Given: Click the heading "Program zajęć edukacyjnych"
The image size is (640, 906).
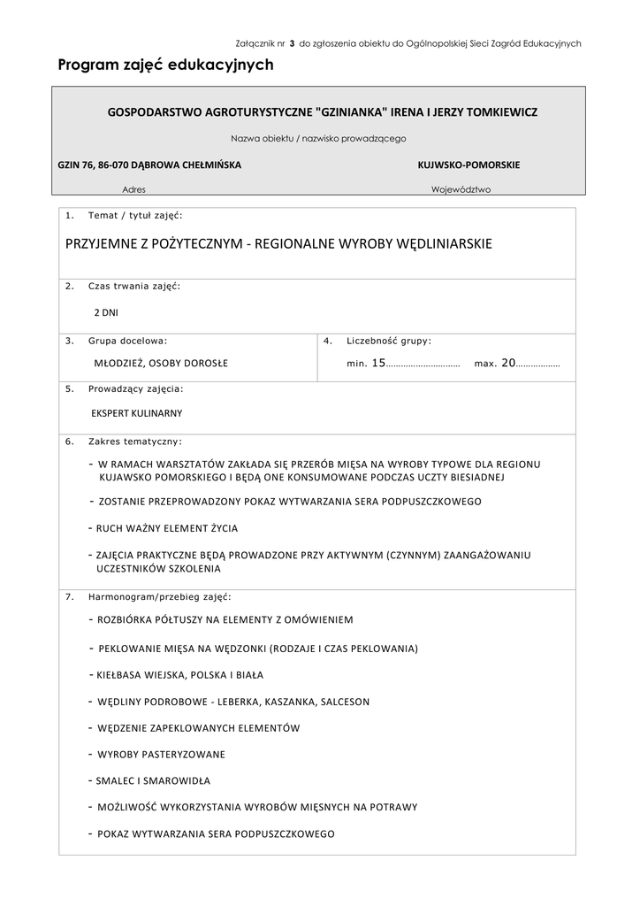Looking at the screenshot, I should (x=165, y=65).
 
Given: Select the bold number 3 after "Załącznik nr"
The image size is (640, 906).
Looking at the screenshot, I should (x=292, y=42).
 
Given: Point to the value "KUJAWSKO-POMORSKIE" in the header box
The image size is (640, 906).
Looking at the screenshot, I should (x=469, y=165).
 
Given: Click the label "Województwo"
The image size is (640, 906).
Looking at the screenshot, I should (x=461, y=189).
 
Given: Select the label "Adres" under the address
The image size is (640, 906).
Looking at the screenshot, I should (x=134, y=189).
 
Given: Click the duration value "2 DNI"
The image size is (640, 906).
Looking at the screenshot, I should (x=106, y=312).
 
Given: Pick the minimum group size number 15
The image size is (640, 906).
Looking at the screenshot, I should (x=378, y=363).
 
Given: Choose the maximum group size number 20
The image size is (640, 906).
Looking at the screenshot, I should (x=507, y=363).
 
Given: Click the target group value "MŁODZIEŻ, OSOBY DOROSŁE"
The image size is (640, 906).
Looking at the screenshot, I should (x=161, y=363).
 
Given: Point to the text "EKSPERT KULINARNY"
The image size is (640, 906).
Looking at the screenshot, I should (x=137, y=413).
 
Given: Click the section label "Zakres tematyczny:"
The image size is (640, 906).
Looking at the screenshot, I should (x=135, y=440).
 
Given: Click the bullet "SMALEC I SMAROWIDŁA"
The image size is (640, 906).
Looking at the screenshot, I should (x=153, y=781).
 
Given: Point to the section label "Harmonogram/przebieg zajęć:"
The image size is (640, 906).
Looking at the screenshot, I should (x=159, y=596).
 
